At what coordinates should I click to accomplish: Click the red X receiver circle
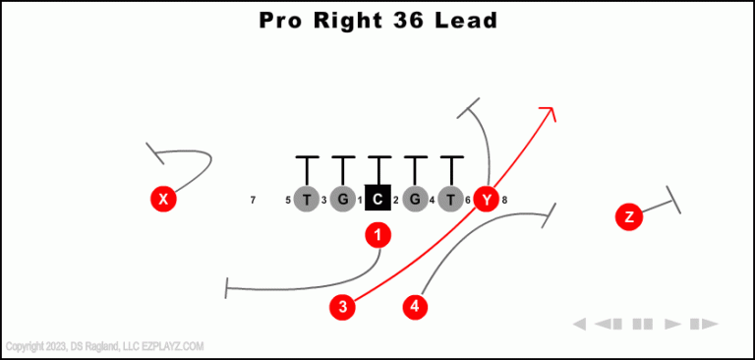(x=163, y=200)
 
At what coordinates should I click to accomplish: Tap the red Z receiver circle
(x=629, y=216)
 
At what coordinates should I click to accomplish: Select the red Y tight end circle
(x=487, y=200)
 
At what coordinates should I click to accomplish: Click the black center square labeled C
(x=378, y=200)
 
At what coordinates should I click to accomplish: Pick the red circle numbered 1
(x=378, y=234)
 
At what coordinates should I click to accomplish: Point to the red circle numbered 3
(x=342, y=307)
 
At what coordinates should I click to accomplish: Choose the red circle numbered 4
(x=416, y=307)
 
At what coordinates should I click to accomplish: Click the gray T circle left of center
(x=307, y=200)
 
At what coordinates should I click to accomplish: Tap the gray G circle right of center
(x=415, y=200)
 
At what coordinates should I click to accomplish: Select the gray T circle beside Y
(x=450, y=200)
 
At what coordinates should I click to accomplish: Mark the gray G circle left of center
(x=342, y=200)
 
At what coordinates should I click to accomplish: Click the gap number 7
(x=253, y=201)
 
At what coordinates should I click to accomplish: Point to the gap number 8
(x=504, y=201)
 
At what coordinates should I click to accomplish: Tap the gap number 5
(x=288, y=201)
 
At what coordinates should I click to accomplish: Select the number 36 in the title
(x=403, y=20)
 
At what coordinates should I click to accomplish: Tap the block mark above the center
(x=378, y=157)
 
